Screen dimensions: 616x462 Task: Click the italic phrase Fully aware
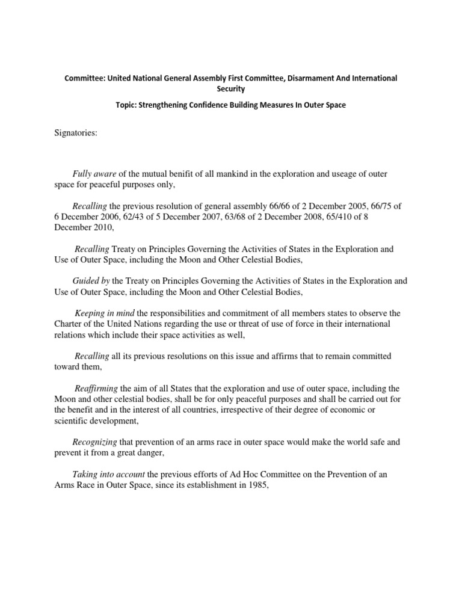[90, 174]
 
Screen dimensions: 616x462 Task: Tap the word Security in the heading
[231, 88]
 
